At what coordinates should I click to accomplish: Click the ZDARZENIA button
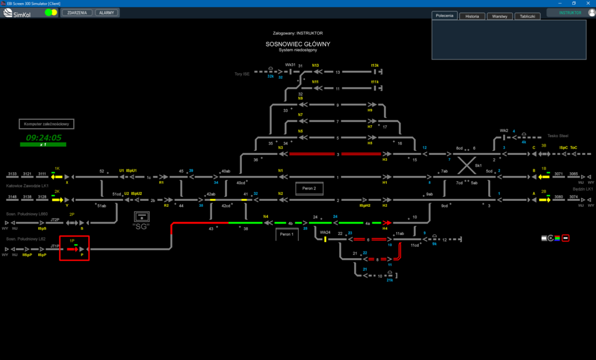[77, 13]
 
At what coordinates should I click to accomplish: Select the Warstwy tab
[499, 16]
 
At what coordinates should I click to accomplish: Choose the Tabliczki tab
[527, 16]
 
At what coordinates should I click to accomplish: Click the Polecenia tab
[445, 15]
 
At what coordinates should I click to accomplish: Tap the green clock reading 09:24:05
[44, 137]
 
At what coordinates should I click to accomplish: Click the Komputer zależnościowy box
[47, 124]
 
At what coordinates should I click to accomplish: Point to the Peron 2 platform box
[309, 188]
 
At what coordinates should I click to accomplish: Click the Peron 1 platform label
[287, 235]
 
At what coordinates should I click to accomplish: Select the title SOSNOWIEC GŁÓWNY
[297, 44]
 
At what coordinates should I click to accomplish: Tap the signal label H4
[385, 228]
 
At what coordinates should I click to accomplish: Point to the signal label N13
[315, 66]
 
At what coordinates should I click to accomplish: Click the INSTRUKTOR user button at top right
[570, 13]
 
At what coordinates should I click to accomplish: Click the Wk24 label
[325, 232]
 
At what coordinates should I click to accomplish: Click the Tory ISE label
[241, 74]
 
